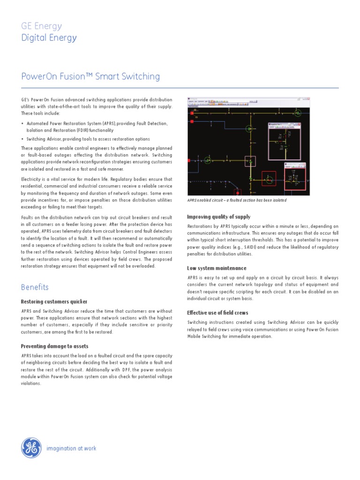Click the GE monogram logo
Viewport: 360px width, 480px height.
point(31,448)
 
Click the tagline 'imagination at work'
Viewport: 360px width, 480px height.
point(71,448)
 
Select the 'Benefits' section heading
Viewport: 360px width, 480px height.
point(35,287)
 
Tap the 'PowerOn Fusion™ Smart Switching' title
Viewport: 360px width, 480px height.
point(90,76)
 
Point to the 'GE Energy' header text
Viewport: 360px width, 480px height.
point(41,26)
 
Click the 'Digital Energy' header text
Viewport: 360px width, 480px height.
point(49,38)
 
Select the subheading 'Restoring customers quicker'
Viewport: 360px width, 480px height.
point(54,301)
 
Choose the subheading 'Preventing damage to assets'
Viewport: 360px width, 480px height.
point(54,346)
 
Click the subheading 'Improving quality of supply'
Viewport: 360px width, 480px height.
point(218,217)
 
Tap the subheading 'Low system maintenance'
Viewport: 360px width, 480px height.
point(217,268)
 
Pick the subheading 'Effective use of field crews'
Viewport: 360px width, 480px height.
point(217,313)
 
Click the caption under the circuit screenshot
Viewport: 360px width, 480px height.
point(237,200)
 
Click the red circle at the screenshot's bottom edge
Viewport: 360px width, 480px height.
point(238,193)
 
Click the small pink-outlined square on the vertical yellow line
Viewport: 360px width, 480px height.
point(251,162)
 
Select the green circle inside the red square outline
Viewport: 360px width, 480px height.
point(269,179)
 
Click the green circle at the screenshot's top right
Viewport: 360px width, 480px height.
point(297,112)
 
